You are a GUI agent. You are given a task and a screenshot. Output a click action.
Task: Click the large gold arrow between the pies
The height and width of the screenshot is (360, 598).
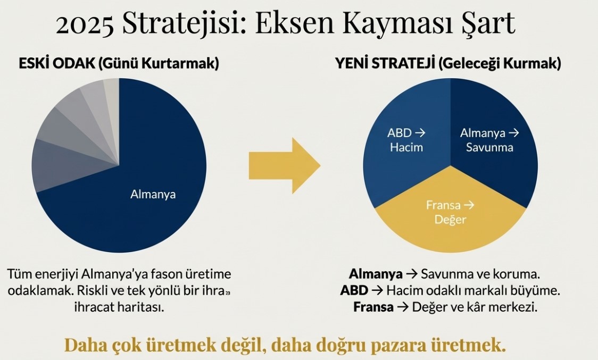(x=285, y=165)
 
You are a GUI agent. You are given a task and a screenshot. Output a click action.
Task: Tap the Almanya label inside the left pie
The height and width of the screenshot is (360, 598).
(x=153, y=195)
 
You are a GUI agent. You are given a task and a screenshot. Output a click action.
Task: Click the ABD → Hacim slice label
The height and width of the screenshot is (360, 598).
(x=406, y=140)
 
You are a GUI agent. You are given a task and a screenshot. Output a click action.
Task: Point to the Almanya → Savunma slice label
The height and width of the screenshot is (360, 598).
(x=489, y=140)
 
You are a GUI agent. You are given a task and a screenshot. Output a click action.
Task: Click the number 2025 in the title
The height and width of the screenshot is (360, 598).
(x=85, y=23)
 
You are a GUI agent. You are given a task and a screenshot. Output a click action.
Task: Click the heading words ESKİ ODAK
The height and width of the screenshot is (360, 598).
(x=57, y=63)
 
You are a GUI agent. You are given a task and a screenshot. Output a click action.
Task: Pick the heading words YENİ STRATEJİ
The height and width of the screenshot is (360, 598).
(x=385, y=63)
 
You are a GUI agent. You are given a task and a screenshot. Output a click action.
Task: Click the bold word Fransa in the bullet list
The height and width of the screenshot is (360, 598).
(x=373, y=307)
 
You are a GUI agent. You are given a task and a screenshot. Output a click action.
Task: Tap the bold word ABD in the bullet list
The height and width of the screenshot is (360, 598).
(x=354, y=290)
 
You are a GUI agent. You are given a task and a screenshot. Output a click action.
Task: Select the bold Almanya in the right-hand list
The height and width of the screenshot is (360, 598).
(x=376, y=274)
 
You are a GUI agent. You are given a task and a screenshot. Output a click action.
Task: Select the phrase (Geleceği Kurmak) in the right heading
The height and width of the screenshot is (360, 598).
(x=500, y=64)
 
